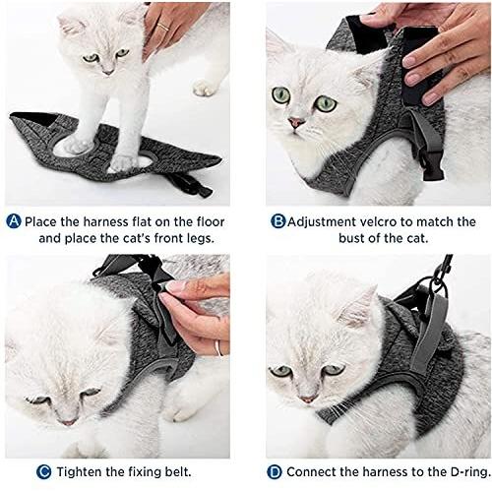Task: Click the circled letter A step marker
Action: click(14, 221)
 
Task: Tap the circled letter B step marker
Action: click(278, 221)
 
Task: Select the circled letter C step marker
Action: click(44, 472)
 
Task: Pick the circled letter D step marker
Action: click(275, 472)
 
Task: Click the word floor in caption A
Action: click(211, 221)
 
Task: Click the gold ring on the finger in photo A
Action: click(163, 27)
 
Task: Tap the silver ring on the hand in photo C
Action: click(218, 348)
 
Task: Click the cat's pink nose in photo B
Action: click(296, 123)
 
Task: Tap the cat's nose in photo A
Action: click(108, 72)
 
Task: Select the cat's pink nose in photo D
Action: click(307, 399)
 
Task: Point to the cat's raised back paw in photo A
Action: click(206, 88)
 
